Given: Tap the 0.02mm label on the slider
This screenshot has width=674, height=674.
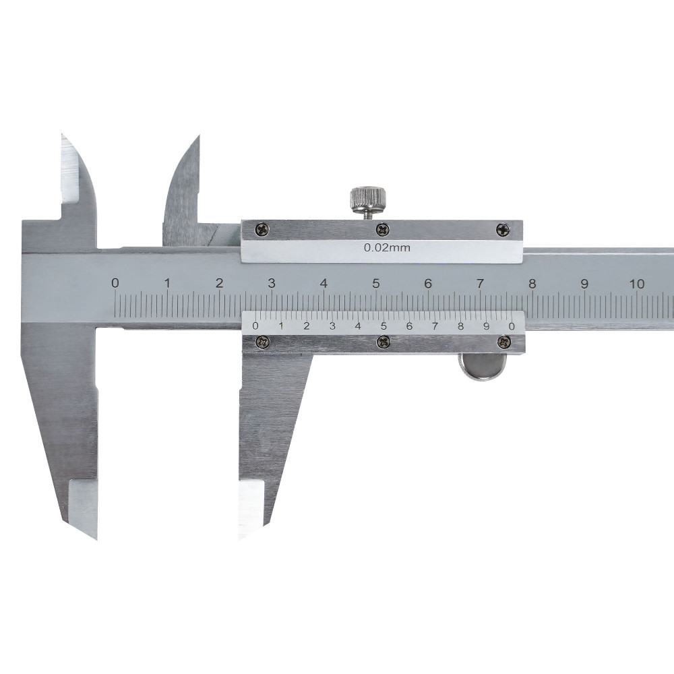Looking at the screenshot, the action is point(387,247).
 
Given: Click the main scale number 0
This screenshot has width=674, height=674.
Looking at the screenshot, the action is point(115,283).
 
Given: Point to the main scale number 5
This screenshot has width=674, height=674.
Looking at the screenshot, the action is point(376,284).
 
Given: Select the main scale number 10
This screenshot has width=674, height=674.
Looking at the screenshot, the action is point(637,284).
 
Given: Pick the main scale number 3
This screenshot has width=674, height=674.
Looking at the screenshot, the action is point(272,284).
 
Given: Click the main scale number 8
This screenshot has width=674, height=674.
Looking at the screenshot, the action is point(532,284).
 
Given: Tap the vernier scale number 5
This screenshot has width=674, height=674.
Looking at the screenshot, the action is point(384,326).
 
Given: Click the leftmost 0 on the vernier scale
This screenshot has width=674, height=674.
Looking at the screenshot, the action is point(255,326).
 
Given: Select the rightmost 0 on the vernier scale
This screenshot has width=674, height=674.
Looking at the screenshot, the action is point(511,326).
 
